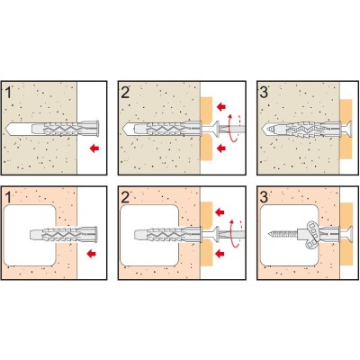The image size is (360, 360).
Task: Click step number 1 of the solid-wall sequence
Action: [x=8, y=92]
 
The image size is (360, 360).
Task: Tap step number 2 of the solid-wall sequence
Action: [x=125, y=92]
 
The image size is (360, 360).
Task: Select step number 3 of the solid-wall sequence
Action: [x=264, y=92]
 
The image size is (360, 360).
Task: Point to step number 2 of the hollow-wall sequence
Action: [x=125, y=198]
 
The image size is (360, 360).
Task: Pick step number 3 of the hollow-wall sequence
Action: [x=264, y=198]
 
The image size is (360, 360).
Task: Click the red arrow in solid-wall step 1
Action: [x=94, y=148]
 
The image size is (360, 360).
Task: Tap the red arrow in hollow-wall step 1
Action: [x=91, y=254]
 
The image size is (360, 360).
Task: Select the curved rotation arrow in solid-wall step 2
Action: [x=234, y=128]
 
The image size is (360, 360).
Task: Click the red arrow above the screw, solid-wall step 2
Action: [x=221, y=106]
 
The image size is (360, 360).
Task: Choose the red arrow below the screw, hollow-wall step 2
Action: [x=220, y=254]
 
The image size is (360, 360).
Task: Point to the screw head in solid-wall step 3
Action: [x=349, y=128]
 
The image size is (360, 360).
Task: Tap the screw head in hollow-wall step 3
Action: [x=349, y=233]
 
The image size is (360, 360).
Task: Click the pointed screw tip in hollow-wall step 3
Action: [x=270, y=233]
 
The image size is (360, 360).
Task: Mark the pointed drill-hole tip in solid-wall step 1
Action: [x=6, y=128]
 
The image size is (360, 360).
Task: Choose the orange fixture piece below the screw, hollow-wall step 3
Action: [x=346, y=254]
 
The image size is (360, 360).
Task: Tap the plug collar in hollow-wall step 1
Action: [x=95, y=234]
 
